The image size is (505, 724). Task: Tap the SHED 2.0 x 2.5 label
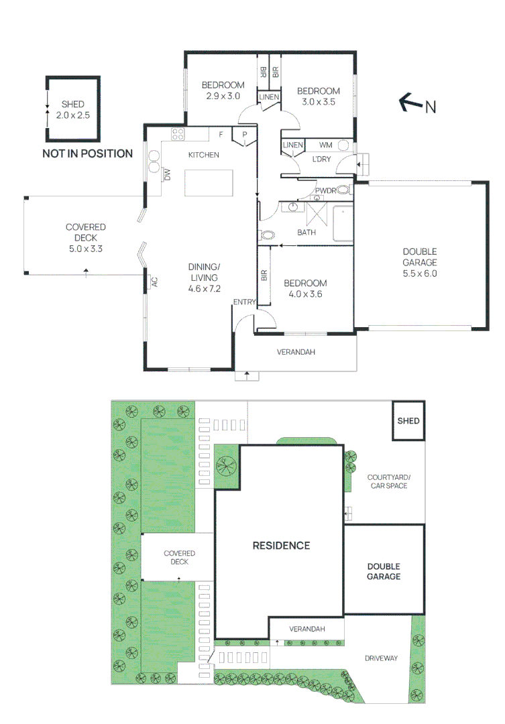coord(72,110)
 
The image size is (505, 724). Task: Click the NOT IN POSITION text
coord(87,154)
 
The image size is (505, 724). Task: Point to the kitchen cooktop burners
coord(178,134)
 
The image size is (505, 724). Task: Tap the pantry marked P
coord(244,135)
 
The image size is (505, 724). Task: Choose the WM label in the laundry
coord(325,145)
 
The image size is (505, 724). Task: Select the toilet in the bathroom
coord(266,235)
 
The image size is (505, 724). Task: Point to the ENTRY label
coord(244,302)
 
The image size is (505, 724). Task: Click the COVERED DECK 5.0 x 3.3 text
coord(86,238)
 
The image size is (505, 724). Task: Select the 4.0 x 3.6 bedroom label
coord(304,288)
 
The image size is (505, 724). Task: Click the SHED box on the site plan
coord(408,421)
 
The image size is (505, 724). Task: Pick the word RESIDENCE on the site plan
coord(281,546)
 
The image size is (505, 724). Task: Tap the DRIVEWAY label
coord(380,658)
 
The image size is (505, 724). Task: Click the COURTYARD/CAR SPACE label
coord(388,481)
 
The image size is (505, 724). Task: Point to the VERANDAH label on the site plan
coord(307,629)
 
